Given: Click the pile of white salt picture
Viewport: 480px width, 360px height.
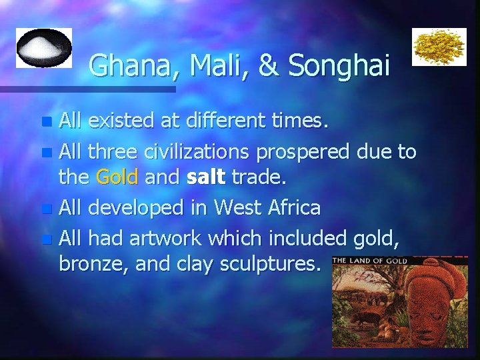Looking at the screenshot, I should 43,47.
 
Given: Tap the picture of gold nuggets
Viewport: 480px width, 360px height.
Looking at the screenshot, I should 439,47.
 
